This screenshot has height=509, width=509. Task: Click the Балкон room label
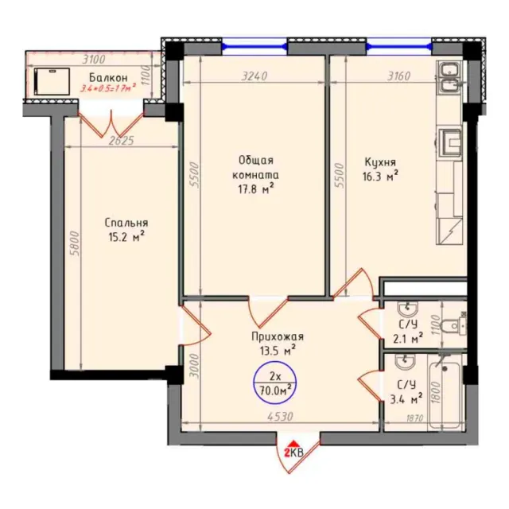pyautogui.click(x=108, y=78)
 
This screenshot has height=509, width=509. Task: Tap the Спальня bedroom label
pyautogui.click(x=126, y=223)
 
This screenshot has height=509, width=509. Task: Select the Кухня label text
pyautogui.click(x=380, y=162)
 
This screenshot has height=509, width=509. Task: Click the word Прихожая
pyautogui.click(x=278, y=336)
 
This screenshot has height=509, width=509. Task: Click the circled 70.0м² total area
pyautogui.click(x=275, y=390)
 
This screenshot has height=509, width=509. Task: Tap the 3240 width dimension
pyautogui.click(x=254, y=76)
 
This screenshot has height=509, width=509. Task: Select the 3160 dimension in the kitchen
pyautogui.click(x=399, y=76)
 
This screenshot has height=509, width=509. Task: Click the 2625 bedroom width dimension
pyautogui.click(x=121, y=141)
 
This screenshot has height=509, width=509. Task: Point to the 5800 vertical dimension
pyautogui.click(x=75, y=243)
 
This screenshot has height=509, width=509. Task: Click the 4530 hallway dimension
pyautogui.click(x=280, y=417)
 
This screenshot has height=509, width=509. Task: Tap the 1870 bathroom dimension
pyautogui.click(x=415, y=418)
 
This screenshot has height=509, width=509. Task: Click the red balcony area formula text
pyautogui.click(x=108, y=87)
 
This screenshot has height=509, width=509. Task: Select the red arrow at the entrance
pyautogui.click(x=293, y=444)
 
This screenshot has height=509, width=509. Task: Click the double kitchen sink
pyautogui.click(x=449, y=78)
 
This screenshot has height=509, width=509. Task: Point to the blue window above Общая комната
pyautogui.click(x=254, y=47)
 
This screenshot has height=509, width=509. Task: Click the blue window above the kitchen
pyautogui.click(x=399, y=47)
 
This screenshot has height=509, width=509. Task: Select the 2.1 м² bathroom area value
pyautogui.click(x=408, y=339)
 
